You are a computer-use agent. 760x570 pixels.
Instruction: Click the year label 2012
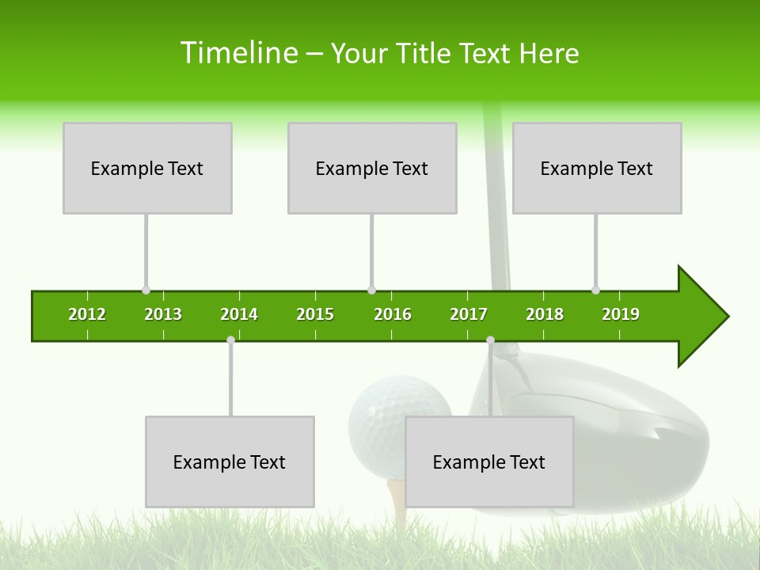click(87, 314)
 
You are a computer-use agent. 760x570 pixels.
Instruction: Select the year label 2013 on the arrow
click(163, 314)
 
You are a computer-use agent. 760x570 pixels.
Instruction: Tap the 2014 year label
click(239, 314)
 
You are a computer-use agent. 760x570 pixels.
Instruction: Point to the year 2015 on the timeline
click(315, 314)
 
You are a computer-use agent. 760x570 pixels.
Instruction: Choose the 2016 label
click(393, 314)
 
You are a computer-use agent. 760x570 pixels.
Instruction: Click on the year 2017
click(469, 314)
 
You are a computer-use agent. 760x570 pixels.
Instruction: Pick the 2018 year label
click(545, 314)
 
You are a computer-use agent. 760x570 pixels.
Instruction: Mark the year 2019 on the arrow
click(621, 314)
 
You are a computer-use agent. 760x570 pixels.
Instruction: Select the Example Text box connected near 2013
click(147, 168)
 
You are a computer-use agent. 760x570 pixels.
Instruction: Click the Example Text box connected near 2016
click(372, 168)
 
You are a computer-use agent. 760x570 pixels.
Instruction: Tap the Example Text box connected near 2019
click(597, 168)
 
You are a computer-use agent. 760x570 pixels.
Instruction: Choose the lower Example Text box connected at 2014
click(230, 462)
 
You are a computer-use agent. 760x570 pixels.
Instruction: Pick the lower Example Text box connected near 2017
click(489, 462)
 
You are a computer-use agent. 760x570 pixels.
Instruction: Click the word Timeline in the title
click(237, 53)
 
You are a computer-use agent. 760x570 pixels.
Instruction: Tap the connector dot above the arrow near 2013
click(146, 291)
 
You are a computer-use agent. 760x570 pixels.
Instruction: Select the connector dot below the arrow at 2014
click(230, 340)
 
